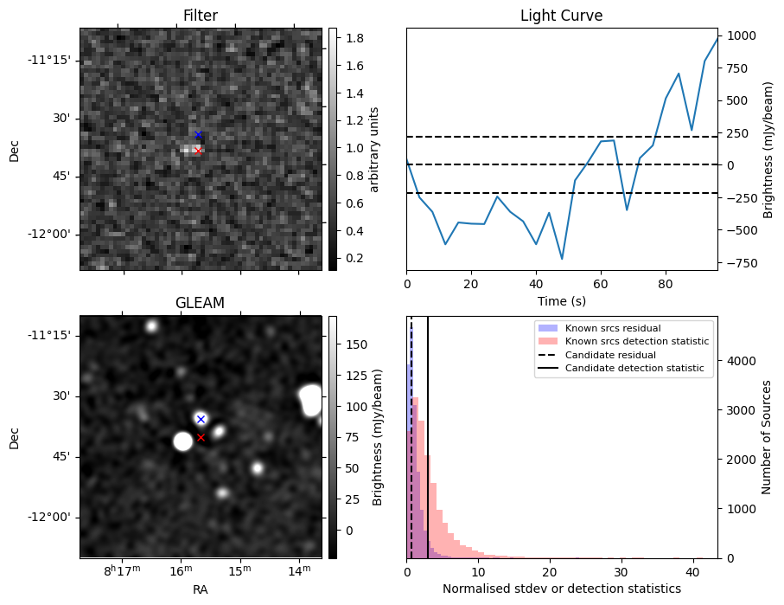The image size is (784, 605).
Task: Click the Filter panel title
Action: pos(201,16)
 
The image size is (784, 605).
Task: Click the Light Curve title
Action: pos(561,16)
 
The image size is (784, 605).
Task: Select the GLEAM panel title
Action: pos(201,303)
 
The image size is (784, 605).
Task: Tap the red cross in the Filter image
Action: pos(198,151)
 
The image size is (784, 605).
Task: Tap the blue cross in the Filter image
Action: pos(198,135)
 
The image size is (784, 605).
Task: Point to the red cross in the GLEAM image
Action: pos(201,438)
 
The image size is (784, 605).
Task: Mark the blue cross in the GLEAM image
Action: pos(201,419)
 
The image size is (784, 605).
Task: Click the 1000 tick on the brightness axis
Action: pos(741,35)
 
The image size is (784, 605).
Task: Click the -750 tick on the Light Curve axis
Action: pos(741,263)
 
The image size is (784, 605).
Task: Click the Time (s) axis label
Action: pos(561,299)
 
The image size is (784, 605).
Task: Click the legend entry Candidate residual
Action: pos(610,356)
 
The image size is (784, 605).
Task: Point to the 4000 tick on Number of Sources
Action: pos(745,361)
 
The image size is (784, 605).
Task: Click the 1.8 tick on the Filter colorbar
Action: pos(353,38)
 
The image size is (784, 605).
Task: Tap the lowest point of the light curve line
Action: pos(562,259)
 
